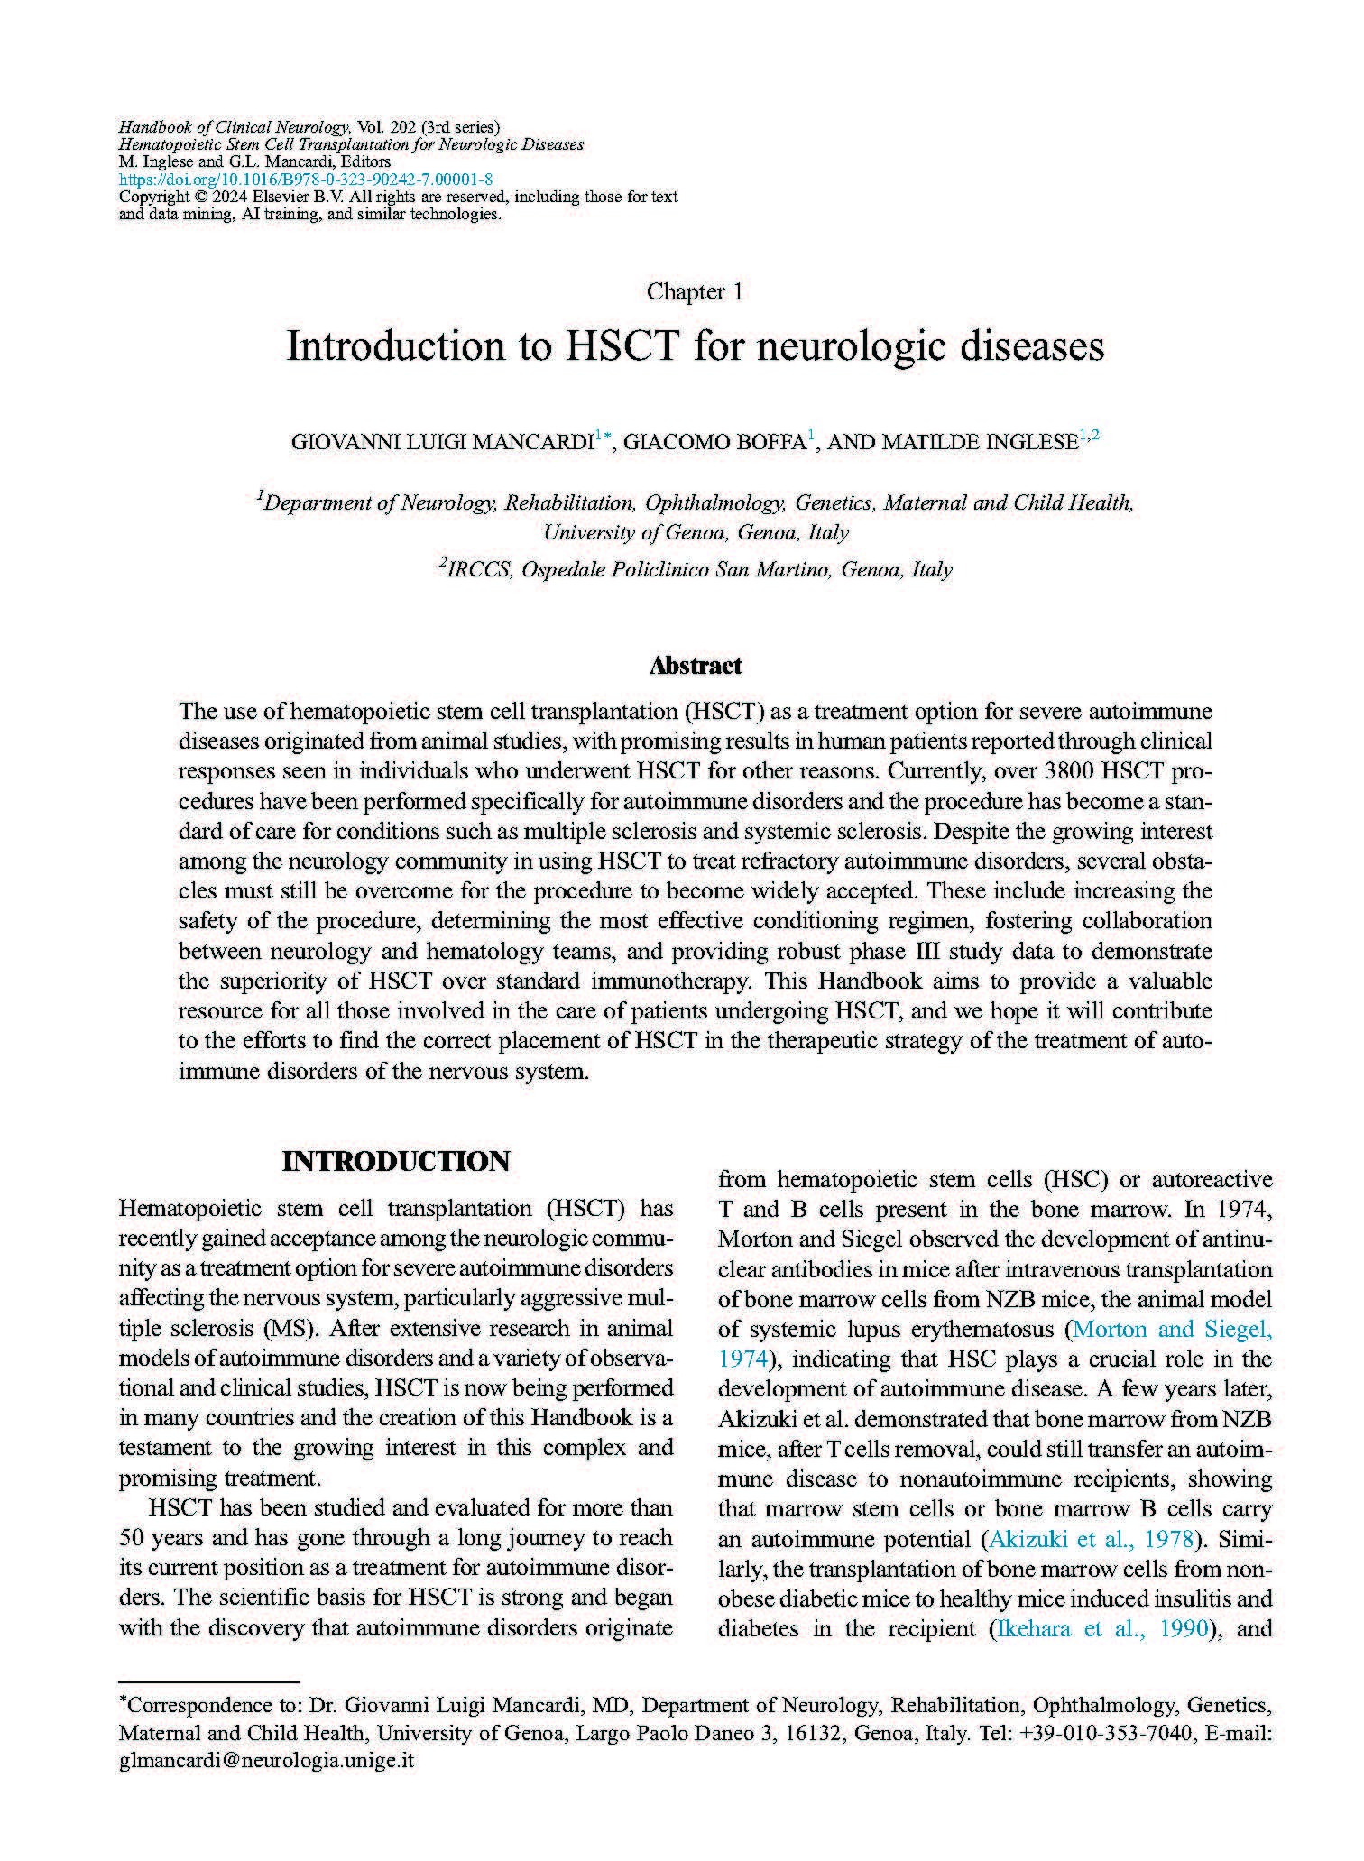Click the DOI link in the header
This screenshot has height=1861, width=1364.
(x=306, y=180)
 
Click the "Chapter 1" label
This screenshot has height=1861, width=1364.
(x=695, y=292)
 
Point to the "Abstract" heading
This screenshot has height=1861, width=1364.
(x=695, y=666)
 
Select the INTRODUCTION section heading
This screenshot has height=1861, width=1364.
(x=396, y=1161)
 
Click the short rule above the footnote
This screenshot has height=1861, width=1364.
(x=208, y=1682)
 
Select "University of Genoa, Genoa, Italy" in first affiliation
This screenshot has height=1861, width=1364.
(x=695, y=532)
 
